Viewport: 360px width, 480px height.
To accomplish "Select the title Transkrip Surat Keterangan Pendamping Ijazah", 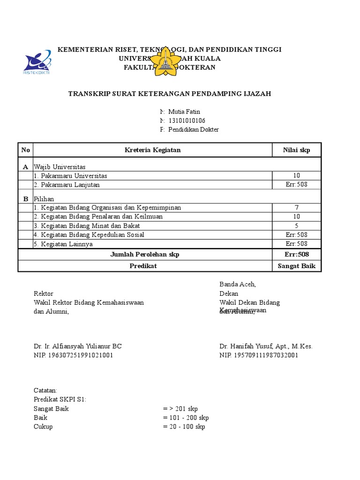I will [x=169, y=94].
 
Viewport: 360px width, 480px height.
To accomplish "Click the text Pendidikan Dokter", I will [x=193, y=129].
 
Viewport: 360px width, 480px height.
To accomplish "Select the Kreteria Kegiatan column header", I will [x=152, y=150].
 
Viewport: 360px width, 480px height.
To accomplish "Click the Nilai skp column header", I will [x=296, y=150].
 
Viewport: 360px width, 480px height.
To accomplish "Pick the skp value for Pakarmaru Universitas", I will [x=296, y=176].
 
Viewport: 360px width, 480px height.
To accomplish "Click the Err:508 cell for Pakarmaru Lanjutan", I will [x=296, y=185].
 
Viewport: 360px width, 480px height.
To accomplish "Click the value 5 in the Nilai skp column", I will [x=296, y=225].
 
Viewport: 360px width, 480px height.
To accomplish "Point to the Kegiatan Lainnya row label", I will [x=63, y=244].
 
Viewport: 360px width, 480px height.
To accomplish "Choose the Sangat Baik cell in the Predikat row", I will [x=296, y=266].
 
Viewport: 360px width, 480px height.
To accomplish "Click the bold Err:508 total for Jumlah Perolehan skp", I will [x=296, y=254].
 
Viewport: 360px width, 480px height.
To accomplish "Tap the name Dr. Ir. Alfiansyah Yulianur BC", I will [x=78, y=346].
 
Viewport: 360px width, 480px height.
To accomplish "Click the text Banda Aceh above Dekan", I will [x=238, y=285].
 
